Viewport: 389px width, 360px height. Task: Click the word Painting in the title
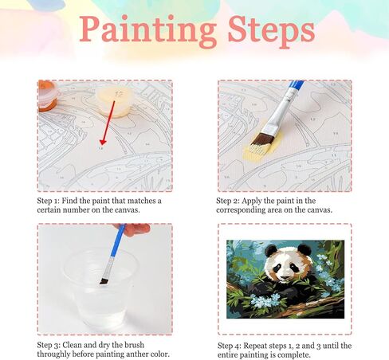[148, 30]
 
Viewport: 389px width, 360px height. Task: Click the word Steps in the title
[271, 30]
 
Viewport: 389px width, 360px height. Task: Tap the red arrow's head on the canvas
[103, 142]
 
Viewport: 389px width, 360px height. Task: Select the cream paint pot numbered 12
[115, 102]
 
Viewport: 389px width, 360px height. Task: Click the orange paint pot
[47, 96]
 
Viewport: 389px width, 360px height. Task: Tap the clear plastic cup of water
[101, 288]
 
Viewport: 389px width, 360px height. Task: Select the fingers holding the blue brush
[133, 229]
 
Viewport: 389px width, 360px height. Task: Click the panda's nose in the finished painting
[285, 276]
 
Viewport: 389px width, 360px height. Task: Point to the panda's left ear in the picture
[271, 251]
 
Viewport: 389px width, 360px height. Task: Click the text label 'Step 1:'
[49, 201]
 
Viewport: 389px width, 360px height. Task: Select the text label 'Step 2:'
[228, 201]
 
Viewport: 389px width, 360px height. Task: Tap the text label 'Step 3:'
[49, 345]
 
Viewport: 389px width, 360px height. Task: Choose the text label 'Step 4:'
[230, 346]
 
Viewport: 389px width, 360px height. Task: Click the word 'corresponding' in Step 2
[241, 210]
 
